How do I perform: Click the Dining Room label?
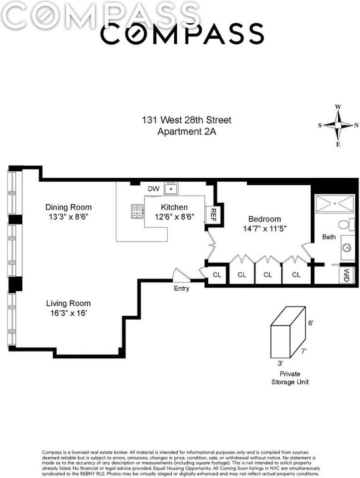click(x=69, y=207)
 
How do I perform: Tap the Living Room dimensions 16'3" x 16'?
click(x=69, y=313)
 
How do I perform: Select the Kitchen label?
click(x=174, y=207)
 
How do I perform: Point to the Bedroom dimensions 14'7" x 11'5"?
click(x=264, y=229)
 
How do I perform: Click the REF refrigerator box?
click(x=213, y=215)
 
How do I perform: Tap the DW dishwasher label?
click(x=154, y=189)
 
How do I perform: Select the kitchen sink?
click(x=171, y=189)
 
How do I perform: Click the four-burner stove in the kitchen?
click(x=137, y=211)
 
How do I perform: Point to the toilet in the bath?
click(x=347, y=225)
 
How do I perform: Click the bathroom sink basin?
click(x=348, y=247)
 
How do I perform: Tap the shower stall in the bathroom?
click(x=335, y=203)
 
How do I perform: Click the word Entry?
click(x=181, y=288)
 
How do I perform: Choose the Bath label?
click(x=329, y=237)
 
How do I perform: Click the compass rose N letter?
click(x=356, y=125)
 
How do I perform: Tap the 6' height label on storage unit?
click(x=311, y=323)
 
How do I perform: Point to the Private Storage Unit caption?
click(x=290, y=378)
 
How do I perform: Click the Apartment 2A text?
click(x=187, y=131)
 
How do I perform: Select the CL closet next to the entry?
click(x=217, y=275)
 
